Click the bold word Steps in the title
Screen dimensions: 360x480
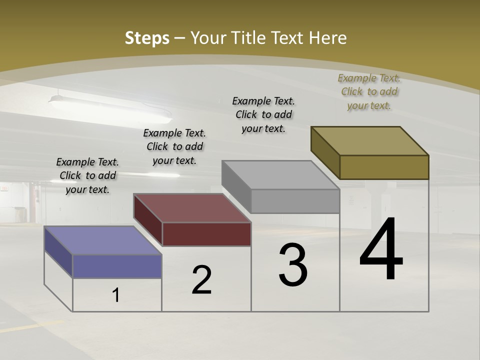click(147, 38)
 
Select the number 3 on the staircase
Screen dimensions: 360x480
click(293, 265)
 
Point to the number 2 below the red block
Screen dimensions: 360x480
click(202, 279)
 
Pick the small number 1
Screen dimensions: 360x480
click(116, 295)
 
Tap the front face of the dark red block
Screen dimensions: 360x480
click(206, 234)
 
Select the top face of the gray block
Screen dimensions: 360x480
click(280, 175)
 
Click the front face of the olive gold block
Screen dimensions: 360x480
click(384, 167)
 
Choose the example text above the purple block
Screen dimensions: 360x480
click(87, 175)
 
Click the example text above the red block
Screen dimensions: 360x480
click(174, 146)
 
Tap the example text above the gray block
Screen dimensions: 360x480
click(263, 114)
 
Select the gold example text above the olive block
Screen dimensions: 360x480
click(369, 91)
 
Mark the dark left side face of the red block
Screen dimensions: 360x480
click(148, 220)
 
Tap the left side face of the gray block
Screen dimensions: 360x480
click(236, 187)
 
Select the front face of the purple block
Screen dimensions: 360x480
click(117, 266)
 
